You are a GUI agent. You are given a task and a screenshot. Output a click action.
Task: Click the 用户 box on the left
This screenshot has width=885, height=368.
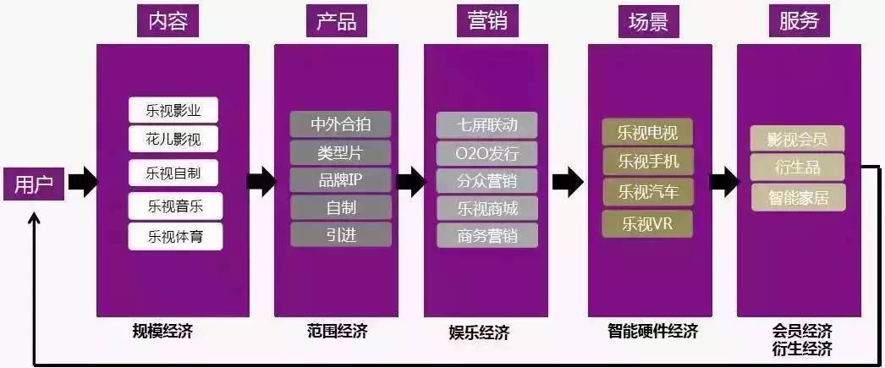tap(34, 184)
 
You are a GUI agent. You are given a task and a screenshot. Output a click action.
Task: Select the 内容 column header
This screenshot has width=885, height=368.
tap(168, 21)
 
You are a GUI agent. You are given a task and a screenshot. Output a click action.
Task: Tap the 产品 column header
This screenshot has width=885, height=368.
tap(336, 21)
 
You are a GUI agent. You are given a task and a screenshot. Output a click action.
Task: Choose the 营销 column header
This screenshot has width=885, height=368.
tap(487, 21)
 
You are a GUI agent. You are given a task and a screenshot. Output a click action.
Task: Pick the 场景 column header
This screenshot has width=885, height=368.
tap(648, 21)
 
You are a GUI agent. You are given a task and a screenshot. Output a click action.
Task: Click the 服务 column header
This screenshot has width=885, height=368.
tap(799, 21)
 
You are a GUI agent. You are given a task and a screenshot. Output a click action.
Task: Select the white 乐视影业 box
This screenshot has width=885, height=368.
tap(173, 111)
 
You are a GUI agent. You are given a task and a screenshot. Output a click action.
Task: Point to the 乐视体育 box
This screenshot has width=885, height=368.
tap(175, 235)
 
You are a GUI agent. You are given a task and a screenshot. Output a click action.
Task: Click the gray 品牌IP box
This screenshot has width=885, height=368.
tap(341, 179)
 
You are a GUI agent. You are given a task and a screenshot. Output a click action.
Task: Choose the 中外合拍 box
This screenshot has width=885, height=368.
tap(341, 124)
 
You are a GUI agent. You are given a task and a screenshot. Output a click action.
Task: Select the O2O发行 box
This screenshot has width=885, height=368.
tap(487, 153)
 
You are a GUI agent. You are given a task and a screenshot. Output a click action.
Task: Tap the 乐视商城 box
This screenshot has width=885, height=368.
tap(487, 207)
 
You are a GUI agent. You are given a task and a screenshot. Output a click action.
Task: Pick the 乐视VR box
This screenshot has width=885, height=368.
tap(647, 224)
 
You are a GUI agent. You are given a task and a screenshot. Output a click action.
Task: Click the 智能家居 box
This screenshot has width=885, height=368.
tap(798, 198)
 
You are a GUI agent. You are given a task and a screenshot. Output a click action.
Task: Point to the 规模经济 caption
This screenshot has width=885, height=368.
tap(163, 331)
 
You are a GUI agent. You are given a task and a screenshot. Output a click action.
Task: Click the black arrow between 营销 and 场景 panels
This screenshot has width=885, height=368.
tap(566, 180)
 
